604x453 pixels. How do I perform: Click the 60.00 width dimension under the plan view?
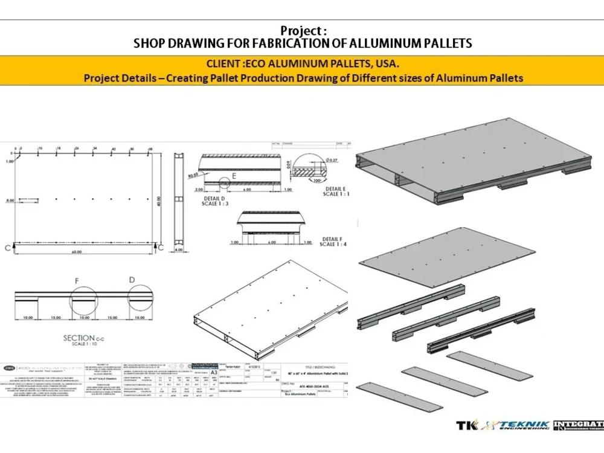pyautogui.click(x=76, y=252)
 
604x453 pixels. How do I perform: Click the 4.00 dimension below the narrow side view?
pyautogui.click(x=179, y=249)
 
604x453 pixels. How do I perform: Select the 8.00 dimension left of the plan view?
pyautogui.click(x=9, y=199)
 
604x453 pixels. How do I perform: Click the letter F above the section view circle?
pyautogui.click(x=77, y=281)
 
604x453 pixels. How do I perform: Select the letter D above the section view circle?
pyautogui.click(x=132, y=280)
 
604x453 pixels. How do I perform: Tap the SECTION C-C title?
pyautogui.click(x=79, y=338)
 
